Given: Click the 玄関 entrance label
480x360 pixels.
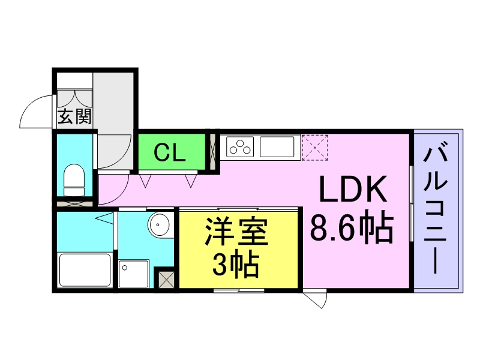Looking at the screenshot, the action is tap(74, 116).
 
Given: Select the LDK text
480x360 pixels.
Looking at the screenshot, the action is tap(352, 188).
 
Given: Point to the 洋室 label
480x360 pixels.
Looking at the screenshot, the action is tap(236, 231).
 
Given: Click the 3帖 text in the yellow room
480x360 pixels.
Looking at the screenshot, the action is tap(236, 265).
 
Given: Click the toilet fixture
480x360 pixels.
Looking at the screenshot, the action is tap(74, 180).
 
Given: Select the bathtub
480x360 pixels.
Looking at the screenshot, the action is tap(85, 270).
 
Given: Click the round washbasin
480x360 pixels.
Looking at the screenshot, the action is tap(158, 224).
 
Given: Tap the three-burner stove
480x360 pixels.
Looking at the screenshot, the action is tap(240, 147).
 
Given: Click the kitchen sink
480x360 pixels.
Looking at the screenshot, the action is tap(277, 147).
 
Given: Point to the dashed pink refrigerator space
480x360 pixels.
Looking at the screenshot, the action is tap(314, 147).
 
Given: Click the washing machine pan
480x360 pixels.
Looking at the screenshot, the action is tap(134, 274).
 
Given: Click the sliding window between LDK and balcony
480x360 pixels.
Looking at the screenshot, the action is tap(412, 203).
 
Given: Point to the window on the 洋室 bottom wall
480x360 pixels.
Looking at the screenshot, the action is tap(239, 290).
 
